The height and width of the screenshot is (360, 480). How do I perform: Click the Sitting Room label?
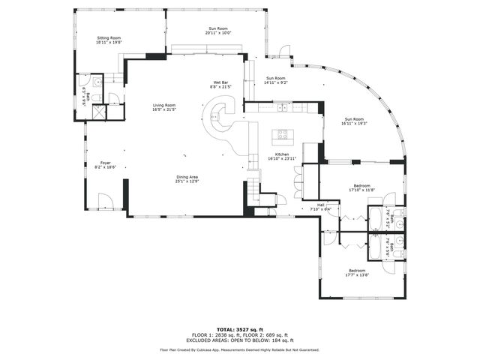(109, 40)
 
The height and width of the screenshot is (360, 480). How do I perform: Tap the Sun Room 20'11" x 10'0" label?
(218, 31)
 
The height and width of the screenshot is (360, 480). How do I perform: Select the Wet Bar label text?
(220, 85)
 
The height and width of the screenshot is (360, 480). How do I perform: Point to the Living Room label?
(164, 108)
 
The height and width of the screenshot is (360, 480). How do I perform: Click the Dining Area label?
(187, 178)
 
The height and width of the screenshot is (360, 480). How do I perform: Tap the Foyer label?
(106, 165)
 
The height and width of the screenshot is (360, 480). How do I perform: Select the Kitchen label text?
(282, 156)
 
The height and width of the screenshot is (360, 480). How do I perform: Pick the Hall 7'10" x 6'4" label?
(320, 206)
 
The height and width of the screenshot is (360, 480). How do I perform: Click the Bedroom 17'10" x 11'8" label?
(361, 187)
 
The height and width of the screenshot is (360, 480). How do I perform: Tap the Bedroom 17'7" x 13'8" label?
(355, 272)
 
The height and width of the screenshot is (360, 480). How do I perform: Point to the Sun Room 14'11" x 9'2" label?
(275, 80)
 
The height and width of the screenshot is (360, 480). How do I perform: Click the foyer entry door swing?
(107, 200)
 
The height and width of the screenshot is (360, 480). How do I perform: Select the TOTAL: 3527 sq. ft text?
(239, 329)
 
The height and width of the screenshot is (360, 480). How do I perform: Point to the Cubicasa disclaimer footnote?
(239, 349)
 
